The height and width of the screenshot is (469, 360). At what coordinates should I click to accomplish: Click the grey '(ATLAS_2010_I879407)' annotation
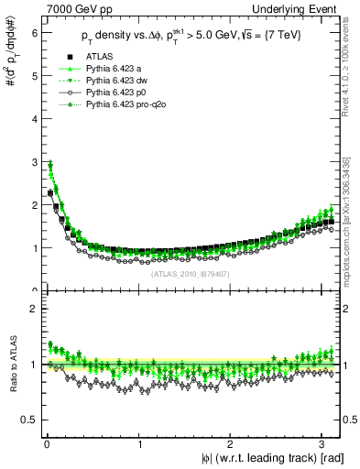pyautogui.click(x=190, y=273)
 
